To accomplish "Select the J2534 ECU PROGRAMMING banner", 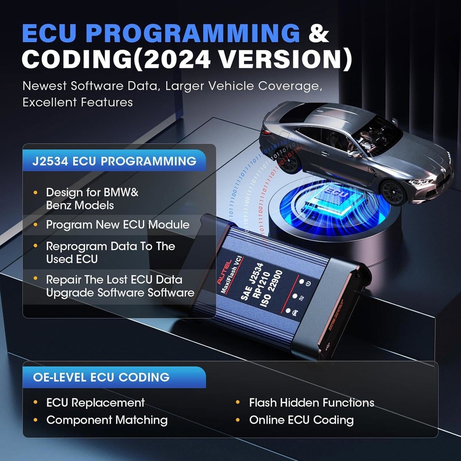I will click(x=114, y=161).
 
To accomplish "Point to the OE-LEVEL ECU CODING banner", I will click(x=114, y=377).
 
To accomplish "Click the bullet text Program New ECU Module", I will click(x=118, y=225).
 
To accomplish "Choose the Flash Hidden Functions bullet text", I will click(x=312, y=402).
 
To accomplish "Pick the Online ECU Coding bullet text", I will click(x=301, y=420).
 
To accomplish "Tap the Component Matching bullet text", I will click(x=107, y=420).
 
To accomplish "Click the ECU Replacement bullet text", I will click(x=95, y=402).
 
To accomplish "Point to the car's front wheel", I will click(x=393, y=191).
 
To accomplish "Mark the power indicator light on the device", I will click(x=303, y=282).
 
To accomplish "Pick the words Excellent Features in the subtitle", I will click(x=77, y=102).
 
